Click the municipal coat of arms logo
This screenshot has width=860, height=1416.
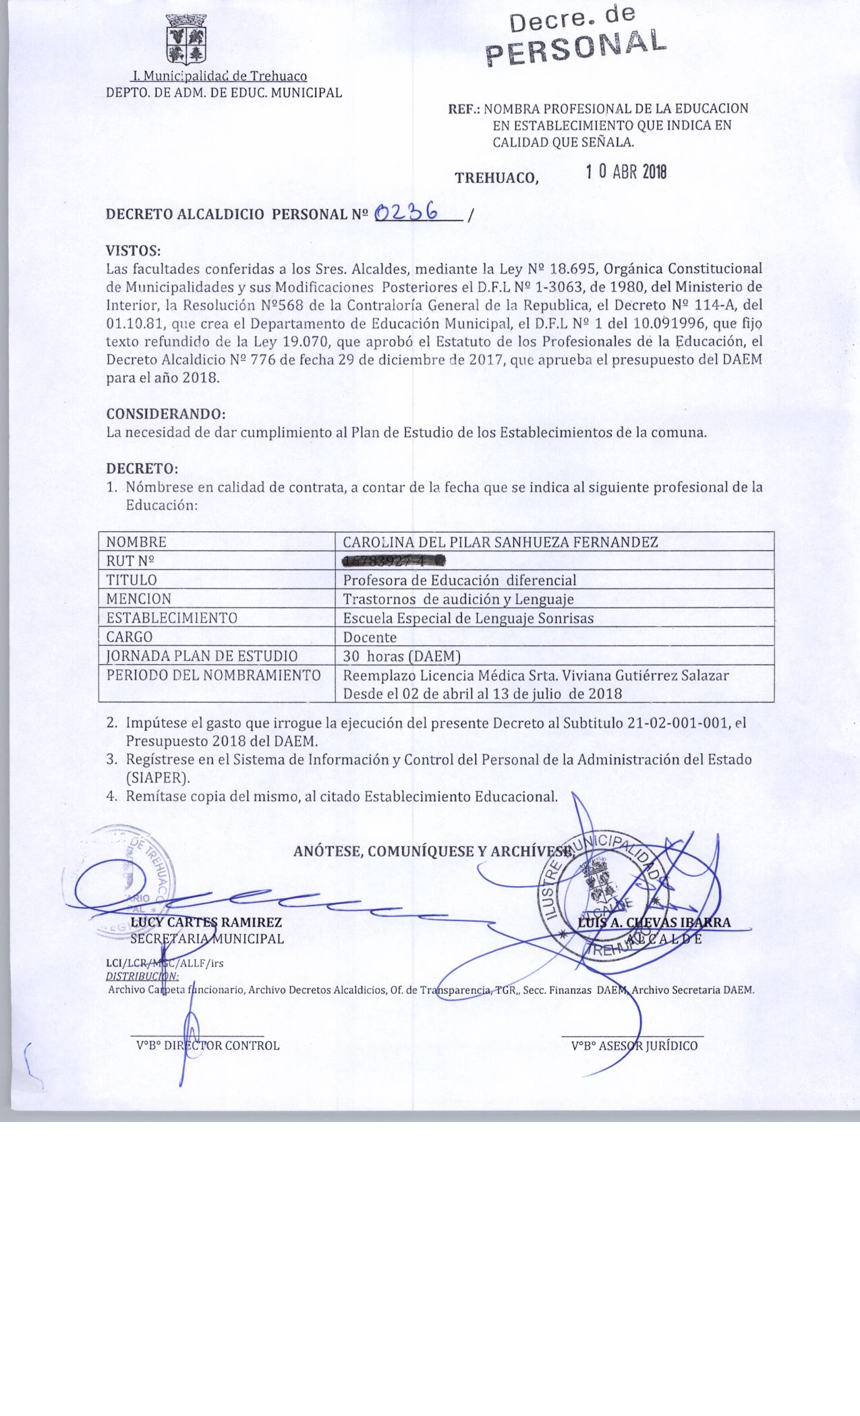coord(185,39)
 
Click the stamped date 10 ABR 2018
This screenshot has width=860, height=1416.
coord(627,172)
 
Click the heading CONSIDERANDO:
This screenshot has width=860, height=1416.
coord(166,413)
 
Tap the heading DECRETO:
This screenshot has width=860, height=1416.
coord(142,468)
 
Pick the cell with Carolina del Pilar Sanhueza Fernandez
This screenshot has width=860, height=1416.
coord(500,542)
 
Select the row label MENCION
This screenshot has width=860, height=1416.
coord(139,599)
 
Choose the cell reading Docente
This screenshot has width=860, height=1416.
coord(370,637)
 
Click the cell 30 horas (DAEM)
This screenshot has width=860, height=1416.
coord(402,656)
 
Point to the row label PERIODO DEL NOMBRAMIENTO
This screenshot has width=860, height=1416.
coord(213,675)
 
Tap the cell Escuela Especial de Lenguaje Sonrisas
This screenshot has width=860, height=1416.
coord(468,618)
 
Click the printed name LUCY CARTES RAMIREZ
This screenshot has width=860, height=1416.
coord(206,922)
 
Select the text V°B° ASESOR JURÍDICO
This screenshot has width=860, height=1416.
coord(634,1046)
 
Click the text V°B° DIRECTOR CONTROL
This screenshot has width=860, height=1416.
coord(208,1046)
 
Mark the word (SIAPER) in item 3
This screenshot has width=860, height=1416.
coord(158,777)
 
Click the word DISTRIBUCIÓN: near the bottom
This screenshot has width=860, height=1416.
coord(143,976)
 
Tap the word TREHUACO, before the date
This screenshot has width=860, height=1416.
coord(497,178)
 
